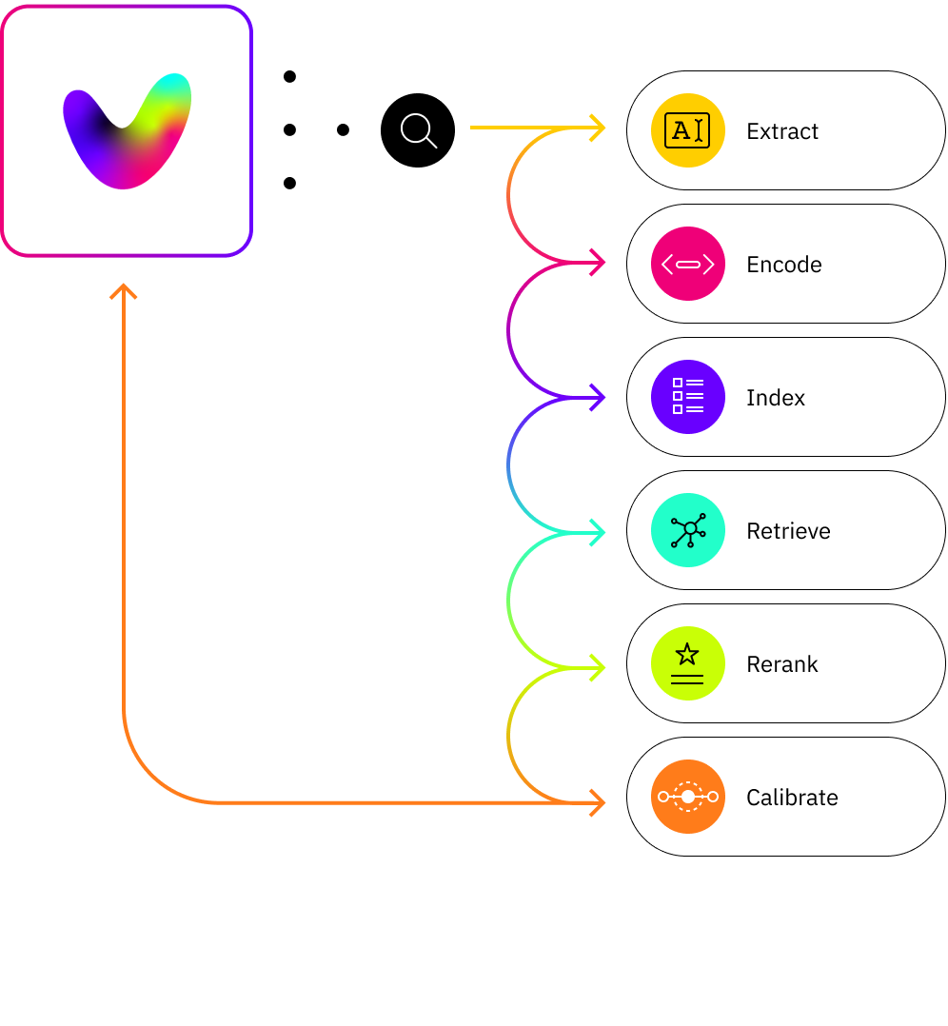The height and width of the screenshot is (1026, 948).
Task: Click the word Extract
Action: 782,131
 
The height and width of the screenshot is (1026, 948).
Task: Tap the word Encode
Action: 783,265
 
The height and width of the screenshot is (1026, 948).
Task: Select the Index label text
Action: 775,398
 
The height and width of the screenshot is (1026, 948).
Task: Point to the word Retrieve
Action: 788,531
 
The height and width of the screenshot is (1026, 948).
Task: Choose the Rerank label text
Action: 782,664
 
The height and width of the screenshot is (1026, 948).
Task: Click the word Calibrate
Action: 792,798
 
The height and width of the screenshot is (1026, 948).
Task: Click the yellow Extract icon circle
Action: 687,131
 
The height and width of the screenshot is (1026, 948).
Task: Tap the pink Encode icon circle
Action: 687,265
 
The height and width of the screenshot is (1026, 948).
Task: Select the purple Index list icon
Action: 687,397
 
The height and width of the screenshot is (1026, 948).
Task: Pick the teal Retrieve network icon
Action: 687,530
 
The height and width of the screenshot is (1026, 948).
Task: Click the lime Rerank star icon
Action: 687,663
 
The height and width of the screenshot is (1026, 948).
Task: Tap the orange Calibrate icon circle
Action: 687,797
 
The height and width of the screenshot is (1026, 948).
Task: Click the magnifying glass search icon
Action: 418,130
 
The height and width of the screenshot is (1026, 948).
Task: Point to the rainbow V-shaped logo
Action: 127,130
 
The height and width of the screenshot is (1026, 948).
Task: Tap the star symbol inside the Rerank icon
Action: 687,654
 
